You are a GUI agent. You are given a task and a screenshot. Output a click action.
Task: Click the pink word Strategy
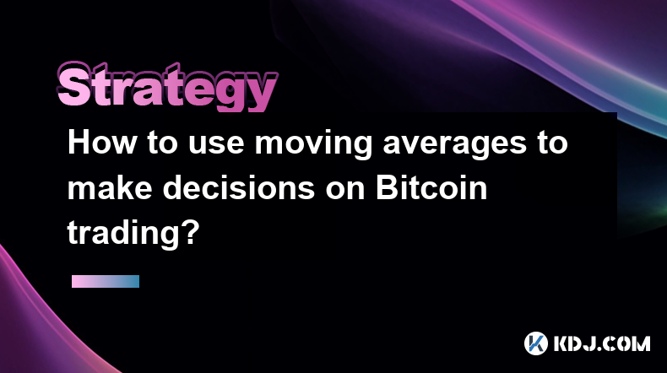167,87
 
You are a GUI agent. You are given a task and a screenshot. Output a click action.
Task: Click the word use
216,146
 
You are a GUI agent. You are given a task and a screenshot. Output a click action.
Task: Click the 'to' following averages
552,143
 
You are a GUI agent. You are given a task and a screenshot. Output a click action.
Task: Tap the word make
110,187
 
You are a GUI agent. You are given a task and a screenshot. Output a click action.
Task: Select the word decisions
239,187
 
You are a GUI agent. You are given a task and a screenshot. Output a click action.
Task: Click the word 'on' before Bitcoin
345,191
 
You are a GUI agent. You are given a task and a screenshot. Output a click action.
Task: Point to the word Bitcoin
431,187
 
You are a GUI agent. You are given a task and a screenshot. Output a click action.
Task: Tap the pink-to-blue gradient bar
106,281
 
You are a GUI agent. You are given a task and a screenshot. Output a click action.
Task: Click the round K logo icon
535,343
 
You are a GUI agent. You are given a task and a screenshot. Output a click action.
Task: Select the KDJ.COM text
601,343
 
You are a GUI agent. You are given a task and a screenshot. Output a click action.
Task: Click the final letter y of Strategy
261,93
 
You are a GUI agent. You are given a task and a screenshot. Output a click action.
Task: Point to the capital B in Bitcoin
387,187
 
